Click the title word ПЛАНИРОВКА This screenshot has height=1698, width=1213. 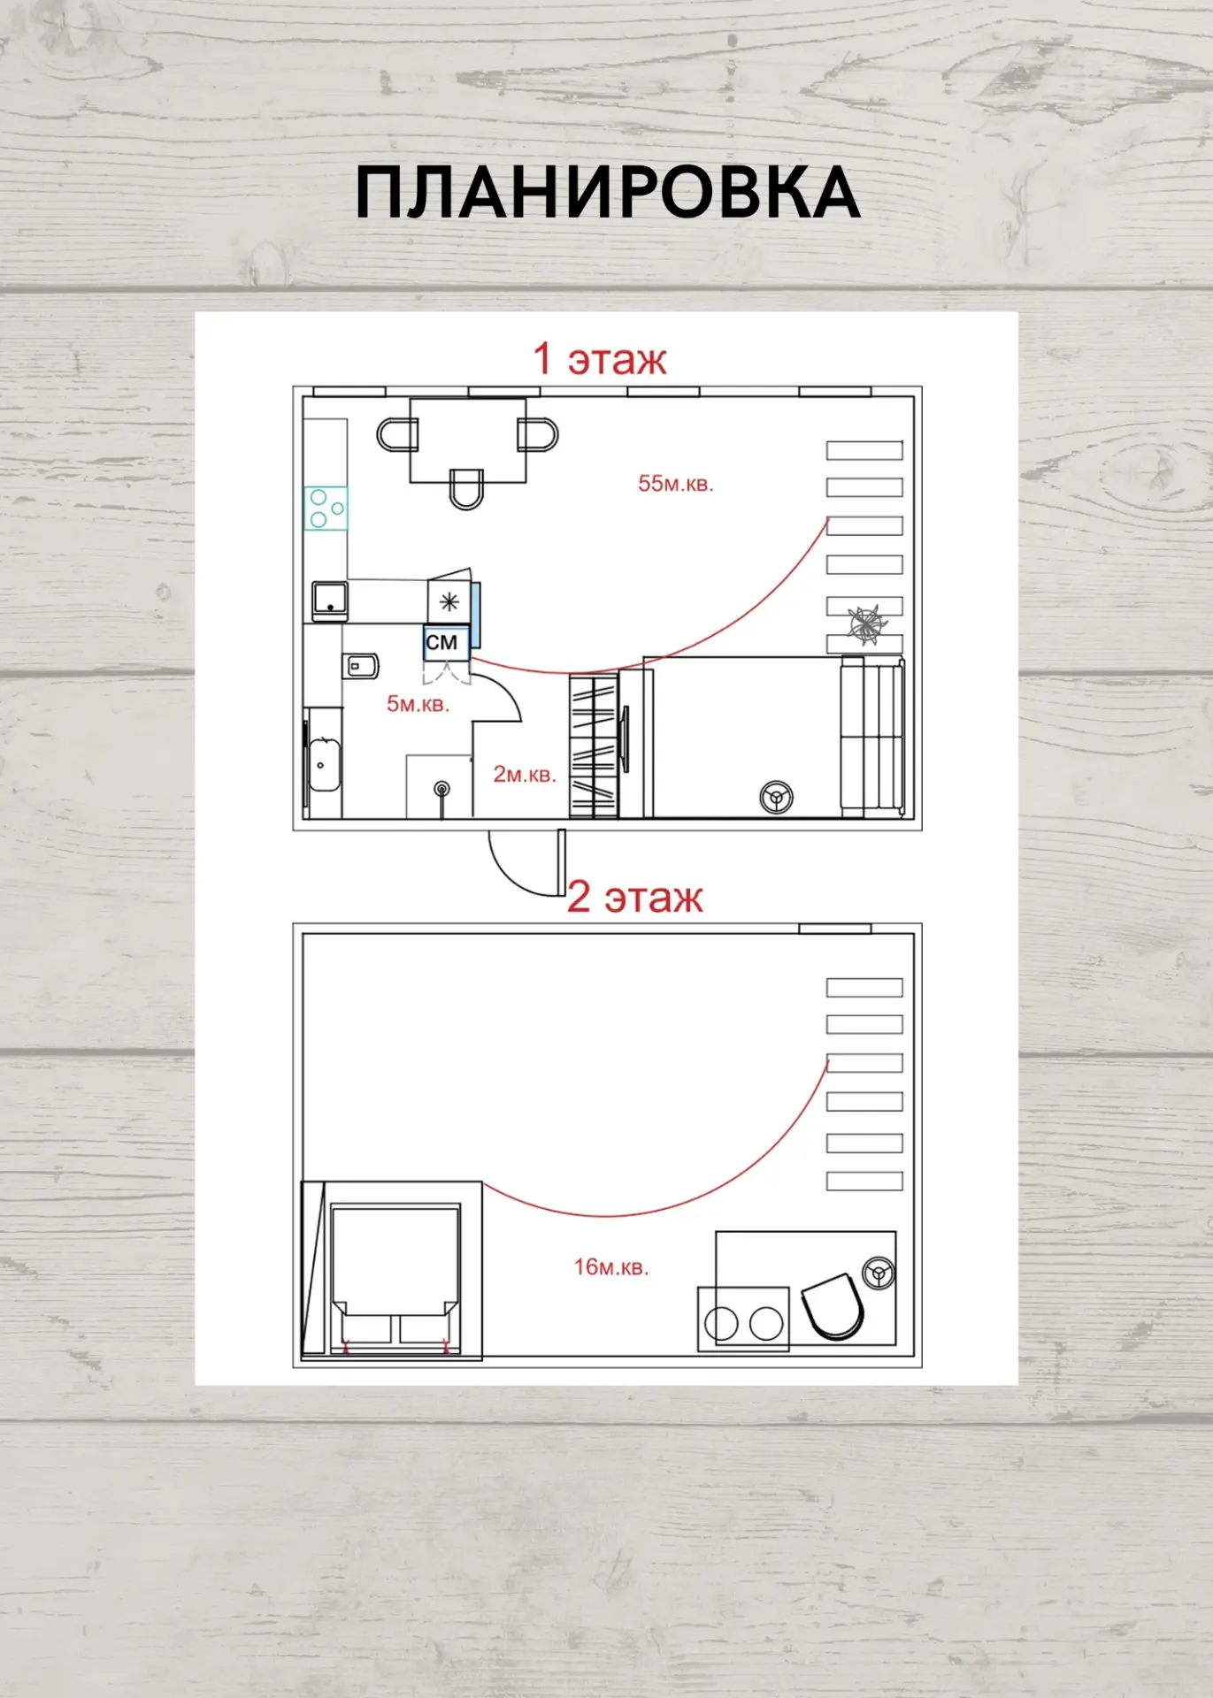[607, 192]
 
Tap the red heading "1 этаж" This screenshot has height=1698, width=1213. [599, 359]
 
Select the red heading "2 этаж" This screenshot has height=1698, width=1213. [634, 897]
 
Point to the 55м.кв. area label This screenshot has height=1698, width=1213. [676, 484]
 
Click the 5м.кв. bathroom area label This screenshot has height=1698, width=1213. [418, 704]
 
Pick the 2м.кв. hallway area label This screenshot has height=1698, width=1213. [525, 775]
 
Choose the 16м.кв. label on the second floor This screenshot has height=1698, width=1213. [611, 1266]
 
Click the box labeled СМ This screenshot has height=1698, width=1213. [445, 643]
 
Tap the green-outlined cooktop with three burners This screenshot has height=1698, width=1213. [326, 509]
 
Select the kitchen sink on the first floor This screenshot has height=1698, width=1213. [329, 600]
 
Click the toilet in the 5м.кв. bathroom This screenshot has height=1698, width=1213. [360, 666]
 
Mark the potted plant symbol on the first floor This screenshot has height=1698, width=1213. [866, 623]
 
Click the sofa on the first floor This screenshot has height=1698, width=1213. [871, 737]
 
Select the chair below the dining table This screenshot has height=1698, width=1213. [466, 488]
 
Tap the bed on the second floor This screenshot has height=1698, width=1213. [395, 1277]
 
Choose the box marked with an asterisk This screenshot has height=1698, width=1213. [449, 603]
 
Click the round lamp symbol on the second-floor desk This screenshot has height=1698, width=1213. [879, 1274]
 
